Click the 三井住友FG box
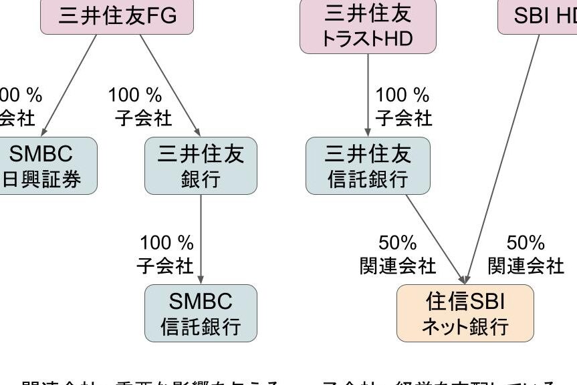[x=117, y=17]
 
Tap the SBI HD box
[x=538, y=17]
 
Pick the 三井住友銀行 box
[x=201, y=165]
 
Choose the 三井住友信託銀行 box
[x=368, y=165]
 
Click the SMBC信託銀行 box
[x=201, y=313]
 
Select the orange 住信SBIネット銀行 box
[x=465, y=313]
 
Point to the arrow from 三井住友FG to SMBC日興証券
[x=67, y=83]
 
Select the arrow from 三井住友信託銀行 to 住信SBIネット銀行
[x=435, y=238]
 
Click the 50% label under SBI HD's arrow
[x=526, y=243]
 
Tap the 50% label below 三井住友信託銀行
[x=398, y=243]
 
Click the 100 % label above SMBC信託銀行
[x=166, y=243]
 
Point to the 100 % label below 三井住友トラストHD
[x=402, y=95]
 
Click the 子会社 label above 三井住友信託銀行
[x=403, y=119]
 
